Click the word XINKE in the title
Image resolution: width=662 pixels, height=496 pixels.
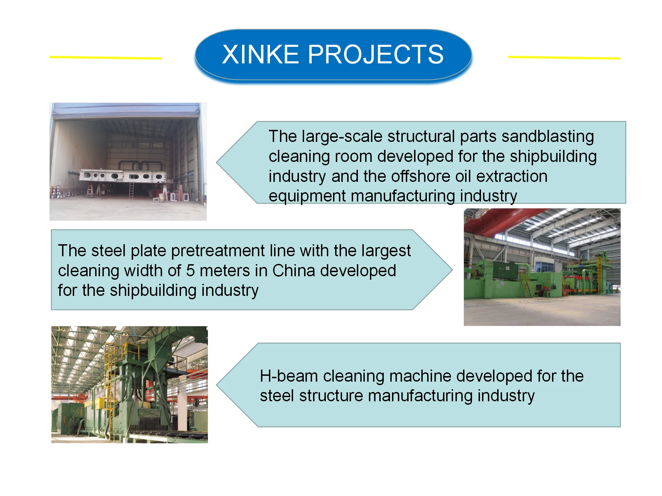pos(260,54)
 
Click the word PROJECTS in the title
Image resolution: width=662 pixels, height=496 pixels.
pos(375,54)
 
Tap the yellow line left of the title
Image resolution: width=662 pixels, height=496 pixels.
pos(106,58)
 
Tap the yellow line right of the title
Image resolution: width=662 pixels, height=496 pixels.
pos(564,58)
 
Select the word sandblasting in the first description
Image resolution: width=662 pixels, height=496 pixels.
pos(548,137)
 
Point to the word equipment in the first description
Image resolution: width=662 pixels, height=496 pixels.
pos(307,197)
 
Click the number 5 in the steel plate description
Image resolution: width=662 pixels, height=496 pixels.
pos(190,271)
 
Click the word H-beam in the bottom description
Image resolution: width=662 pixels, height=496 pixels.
pos(289,376)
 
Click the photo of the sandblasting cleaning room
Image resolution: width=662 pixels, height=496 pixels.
pos(128,162)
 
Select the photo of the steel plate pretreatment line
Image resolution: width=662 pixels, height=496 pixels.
pos(542,267)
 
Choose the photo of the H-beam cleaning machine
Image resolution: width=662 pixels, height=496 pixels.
pos(130,384)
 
